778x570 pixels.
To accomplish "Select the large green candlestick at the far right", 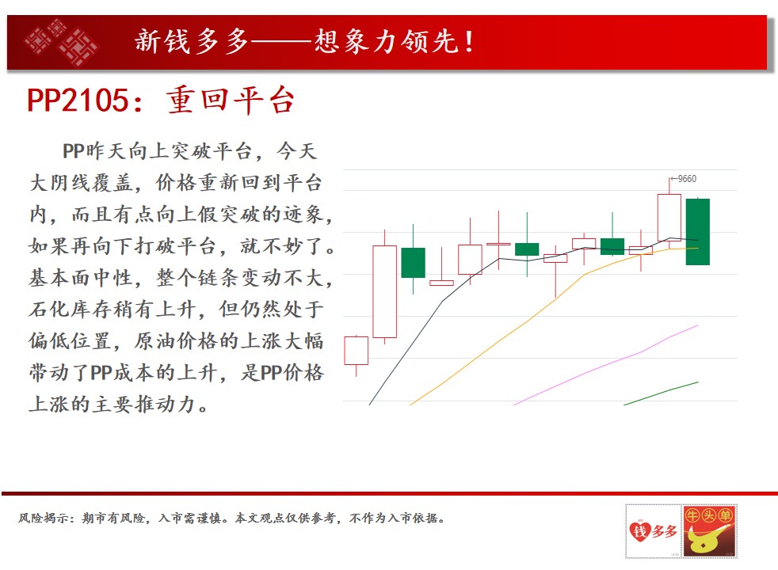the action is point(698,231).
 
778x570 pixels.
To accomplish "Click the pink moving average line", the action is point(606,365).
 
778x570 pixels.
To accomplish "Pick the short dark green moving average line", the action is point(661,393).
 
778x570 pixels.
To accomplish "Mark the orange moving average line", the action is point(555,326).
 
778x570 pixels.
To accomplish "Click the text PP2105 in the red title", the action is point(78,100).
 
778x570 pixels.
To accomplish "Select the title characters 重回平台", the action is point(231,100).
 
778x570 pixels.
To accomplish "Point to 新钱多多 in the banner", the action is point(192,41).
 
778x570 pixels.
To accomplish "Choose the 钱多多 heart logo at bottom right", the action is point(654,531).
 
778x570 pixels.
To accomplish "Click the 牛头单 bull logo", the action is point(709,531).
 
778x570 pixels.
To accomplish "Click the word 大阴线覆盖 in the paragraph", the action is point(81,183).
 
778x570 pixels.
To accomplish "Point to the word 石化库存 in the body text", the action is point(71,310).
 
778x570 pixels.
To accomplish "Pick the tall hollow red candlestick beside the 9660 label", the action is point(669,217).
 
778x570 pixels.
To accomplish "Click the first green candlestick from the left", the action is point(413,262).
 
